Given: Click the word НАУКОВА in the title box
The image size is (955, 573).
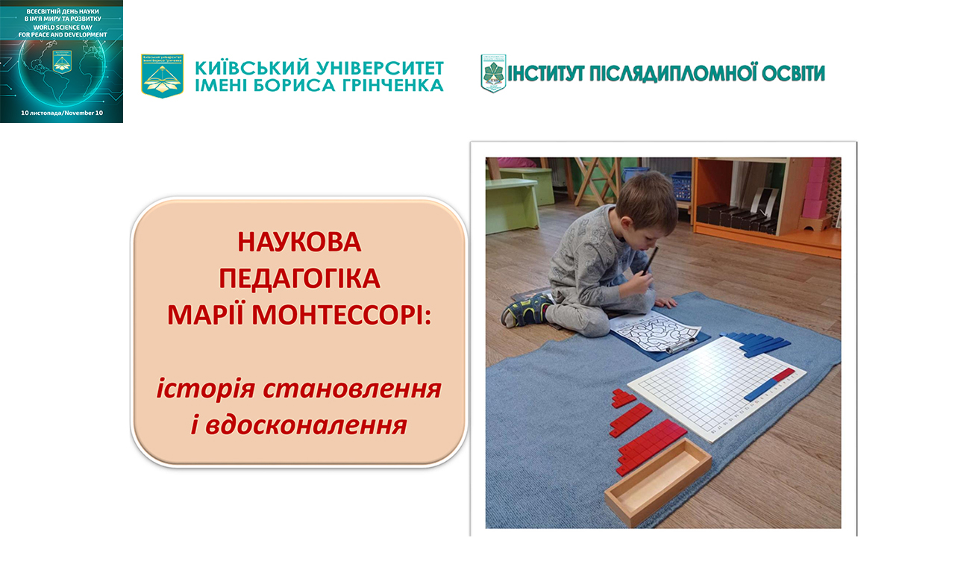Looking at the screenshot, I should pos(299,242).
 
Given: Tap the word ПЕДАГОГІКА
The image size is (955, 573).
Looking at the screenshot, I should pos(299,278).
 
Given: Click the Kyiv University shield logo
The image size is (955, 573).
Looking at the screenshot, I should pos(162,75).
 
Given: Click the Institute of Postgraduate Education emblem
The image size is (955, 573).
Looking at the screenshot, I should pos(493,73).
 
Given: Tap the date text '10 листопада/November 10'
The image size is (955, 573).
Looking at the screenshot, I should pos(62,112).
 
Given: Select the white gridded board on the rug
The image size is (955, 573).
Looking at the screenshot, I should pos(716,388).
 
